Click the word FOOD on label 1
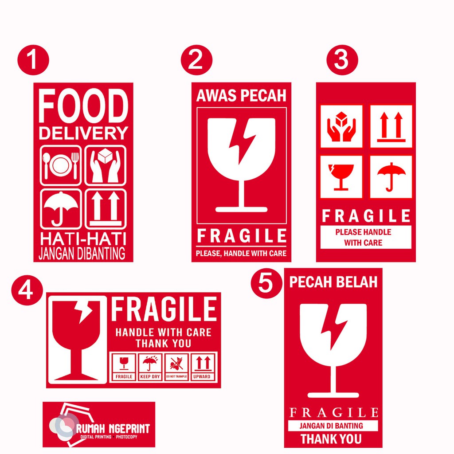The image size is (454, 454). pyautogui.click(x=83, y=106)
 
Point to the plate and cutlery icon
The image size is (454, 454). pyautogui.click(x=61, y=165)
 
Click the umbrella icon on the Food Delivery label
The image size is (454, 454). pyautogui.click(x=61, y=209)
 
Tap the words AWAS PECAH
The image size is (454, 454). pyautogui.click(x=241, y=96)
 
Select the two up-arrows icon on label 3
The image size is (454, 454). pyautogui.click(x=391, y=126)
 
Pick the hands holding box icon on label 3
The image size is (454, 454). pyautogui.click(x=341, y=126)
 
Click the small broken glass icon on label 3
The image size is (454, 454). pyautogui.click(x=341, y=176)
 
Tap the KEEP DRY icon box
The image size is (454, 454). pyautogui.click(x=151, y=367)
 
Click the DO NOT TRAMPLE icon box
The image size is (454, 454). pyautogui.click(x=177, y=367)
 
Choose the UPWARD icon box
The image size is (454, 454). pyautogui.click(x=204, y=367)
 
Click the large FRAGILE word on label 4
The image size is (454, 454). pyautogui.click(x=164, y=309)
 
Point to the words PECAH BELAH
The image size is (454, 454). pyautogui.click(x=333, y=282)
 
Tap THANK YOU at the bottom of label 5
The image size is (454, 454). pyautogui.click(x=331, y=439)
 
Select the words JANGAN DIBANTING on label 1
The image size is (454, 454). pyautogui.click(x=82, y=254)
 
